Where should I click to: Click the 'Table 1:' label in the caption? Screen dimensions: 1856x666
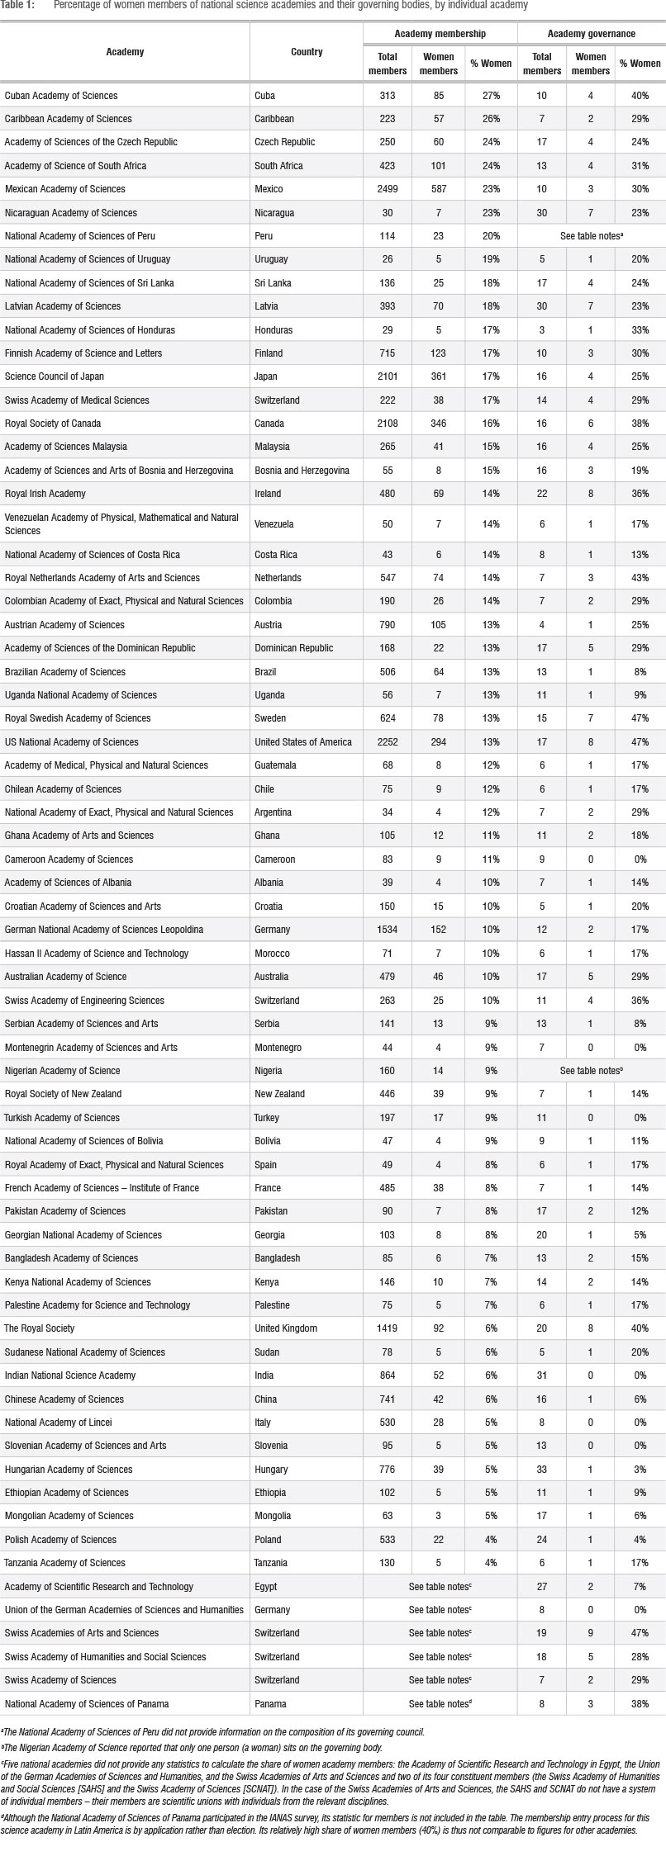(17, 6)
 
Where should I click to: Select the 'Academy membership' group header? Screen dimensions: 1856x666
(440, 34)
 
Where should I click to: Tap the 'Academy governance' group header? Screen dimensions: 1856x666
(591, 34)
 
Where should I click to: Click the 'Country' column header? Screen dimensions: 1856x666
(307, 52)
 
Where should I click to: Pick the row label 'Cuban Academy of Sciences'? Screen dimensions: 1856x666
(61, 96)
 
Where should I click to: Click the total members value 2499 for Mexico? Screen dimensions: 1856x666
(387, 189)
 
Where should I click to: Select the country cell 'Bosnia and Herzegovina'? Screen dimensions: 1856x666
(302, 471)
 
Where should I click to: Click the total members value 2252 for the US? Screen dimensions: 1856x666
(387, 742)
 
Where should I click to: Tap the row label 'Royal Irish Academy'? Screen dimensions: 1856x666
(45, 494)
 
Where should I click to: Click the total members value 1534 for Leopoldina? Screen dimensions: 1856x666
(387, 930)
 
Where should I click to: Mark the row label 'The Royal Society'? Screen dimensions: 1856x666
(40, 1328)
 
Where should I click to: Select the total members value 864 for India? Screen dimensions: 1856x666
(387, 1375)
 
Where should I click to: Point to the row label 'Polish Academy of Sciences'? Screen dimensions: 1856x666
(60, 1540)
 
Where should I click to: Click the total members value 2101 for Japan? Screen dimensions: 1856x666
(387, 376)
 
